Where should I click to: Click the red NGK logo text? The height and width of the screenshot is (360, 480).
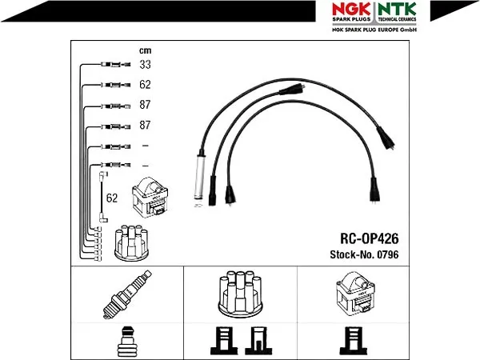[x=351, y=9]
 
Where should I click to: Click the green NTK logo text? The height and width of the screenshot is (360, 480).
[x=397, y=9]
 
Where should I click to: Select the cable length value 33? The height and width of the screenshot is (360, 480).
[x=145, y=64]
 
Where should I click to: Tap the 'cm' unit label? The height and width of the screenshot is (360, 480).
[x=145, y=50]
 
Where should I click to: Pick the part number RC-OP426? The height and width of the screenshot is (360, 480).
[x=370, y=238]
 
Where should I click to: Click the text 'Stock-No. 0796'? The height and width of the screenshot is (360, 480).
[x=364, y=254]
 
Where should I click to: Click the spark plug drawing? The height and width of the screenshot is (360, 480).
[x=127, y=294]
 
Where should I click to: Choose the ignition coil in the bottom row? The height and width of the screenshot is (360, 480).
[x=355, y=294]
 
